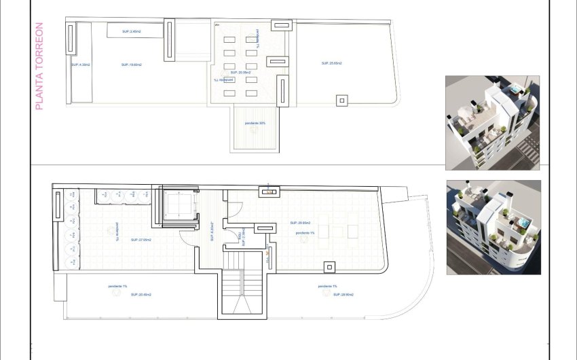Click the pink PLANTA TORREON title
click(39, 67)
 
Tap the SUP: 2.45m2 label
click(131, 31)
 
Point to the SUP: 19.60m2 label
click(131, 65)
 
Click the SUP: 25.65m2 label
click(331, 63)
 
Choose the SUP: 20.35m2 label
click(241, 72)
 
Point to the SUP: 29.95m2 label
click(300, 223)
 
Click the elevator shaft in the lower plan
click(179, 206)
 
